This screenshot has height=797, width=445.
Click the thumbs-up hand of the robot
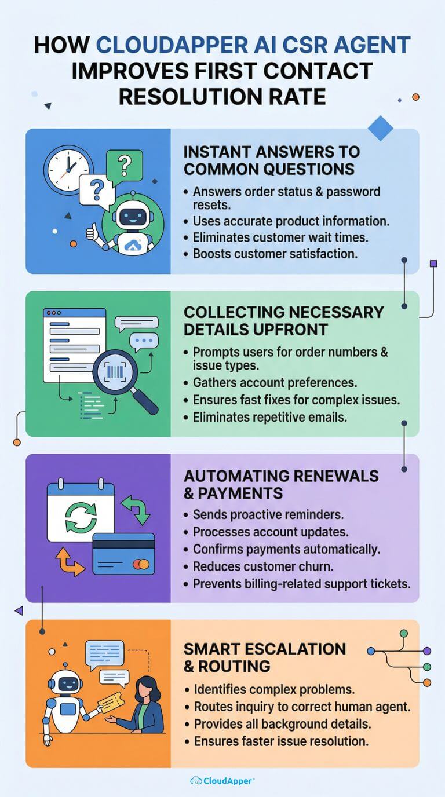point(92,232)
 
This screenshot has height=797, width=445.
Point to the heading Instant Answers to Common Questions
point(272,160)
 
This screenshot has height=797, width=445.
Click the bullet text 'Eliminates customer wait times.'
point(280,237)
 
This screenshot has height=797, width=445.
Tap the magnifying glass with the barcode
point(123,380)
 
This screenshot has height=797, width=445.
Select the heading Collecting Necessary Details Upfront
point(284,321)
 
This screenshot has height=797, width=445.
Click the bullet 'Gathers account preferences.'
point(275,383)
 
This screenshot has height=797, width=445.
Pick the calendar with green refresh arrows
point(81,511)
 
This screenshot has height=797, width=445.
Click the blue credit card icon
point(123,554)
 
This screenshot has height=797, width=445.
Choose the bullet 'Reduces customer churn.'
point(263,566)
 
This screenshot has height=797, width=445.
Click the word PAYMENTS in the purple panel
point(240,493)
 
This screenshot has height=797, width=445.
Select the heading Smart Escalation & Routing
point(264,657)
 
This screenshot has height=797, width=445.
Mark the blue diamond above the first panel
point(381,128)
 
